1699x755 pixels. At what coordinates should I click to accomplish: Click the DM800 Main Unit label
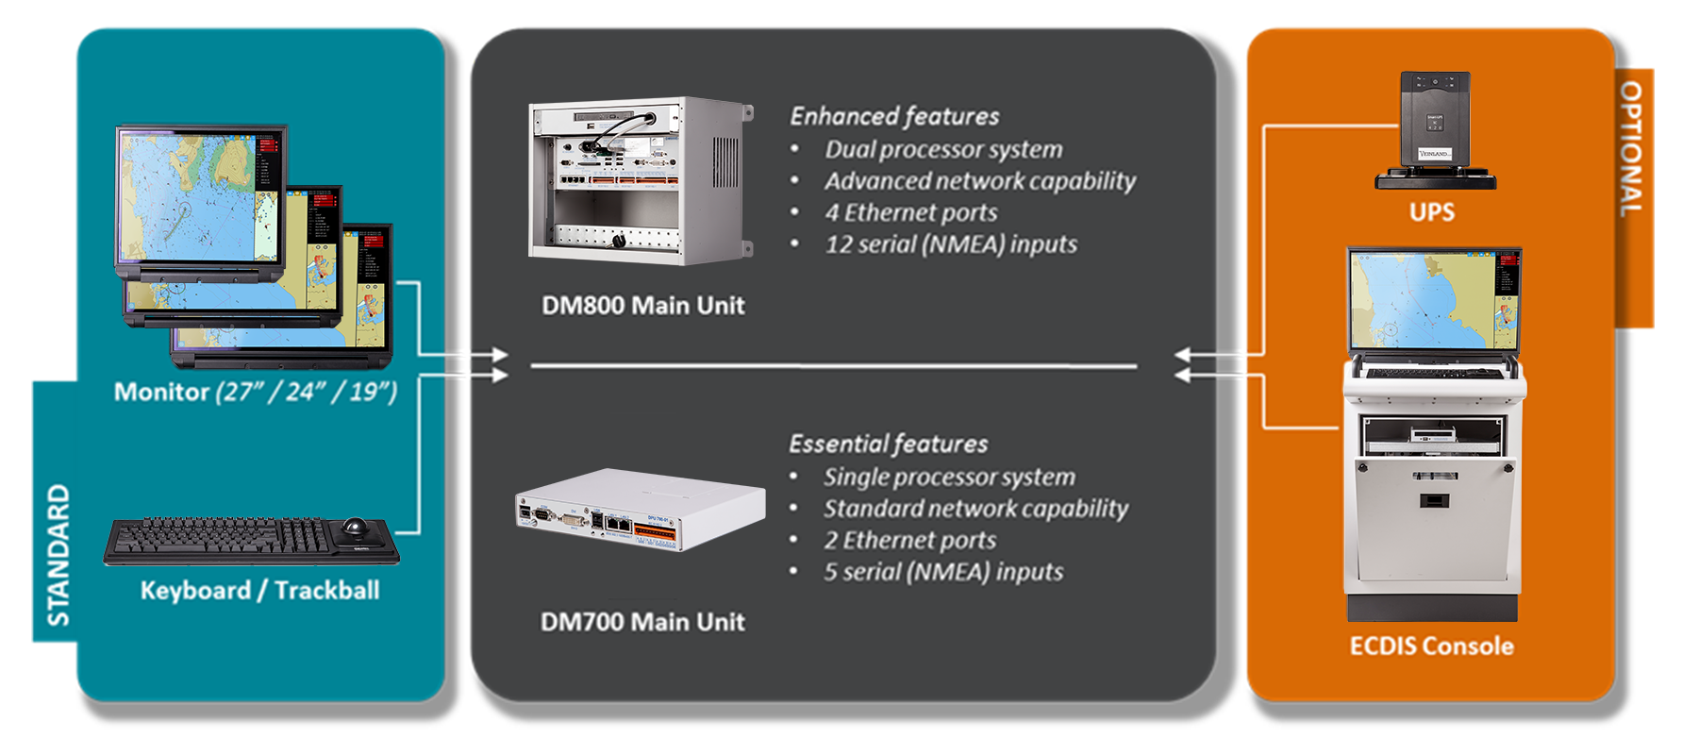(x=642, y=306)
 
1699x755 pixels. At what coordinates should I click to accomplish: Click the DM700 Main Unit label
(x=642, y=622)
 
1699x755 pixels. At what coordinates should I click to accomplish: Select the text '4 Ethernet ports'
(x=910, y=213)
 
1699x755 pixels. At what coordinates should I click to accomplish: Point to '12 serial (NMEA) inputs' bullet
(x=950, y=245)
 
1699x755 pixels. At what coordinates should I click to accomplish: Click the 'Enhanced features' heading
(x=894, y=116)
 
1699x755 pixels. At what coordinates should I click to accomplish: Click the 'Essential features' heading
(x=888, y=444)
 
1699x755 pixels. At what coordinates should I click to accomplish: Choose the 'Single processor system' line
(x=948, y=478)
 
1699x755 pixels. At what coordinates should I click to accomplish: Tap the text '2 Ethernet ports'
(x=909, y=541)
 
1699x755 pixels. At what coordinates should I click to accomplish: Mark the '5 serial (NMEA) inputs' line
(x=942, y=573)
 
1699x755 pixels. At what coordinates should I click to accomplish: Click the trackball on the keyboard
(x=356, y=526)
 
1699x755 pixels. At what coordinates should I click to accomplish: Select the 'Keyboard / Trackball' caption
(x=259, y=591)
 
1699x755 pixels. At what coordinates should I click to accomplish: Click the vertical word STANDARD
(x=58, y=555)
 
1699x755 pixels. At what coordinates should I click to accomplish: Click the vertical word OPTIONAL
(x=1632, y=148)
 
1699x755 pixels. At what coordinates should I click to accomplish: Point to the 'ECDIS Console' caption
(x=1431, y=646)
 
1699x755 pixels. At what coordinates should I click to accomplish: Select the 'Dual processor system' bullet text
(x=943, y=150)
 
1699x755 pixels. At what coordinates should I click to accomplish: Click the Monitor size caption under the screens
(x=255, y=392)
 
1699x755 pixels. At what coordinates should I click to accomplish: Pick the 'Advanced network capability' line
(x=979, y=181)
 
